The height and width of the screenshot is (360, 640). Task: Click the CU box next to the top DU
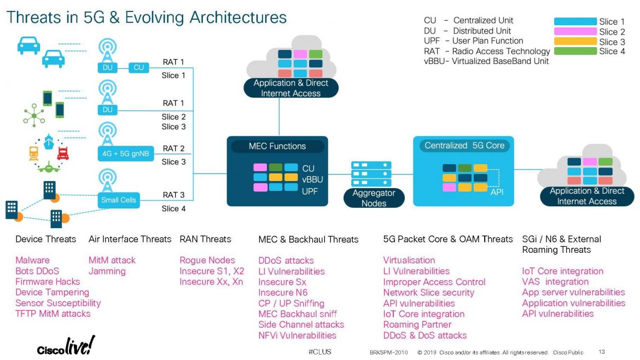click(x=138, y=67)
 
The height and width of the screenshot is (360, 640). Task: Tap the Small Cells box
click(x=118, y=200)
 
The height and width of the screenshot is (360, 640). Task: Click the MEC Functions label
click(x=277, y=146)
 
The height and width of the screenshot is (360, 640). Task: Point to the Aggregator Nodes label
click(x=374, y=198)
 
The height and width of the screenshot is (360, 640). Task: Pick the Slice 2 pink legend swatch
click(x=575, y=32)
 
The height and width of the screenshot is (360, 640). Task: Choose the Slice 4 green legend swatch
click(x=575, y=51)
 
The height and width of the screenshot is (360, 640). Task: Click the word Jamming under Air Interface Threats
click(x=107, y=271)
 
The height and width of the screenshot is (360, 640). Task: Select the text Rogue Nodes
click(x=207, y=260)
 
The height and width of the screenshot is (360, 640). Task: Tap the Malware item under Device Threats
click(x=32, y=260)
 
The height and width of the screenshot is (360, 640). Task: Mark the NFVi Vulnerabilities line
click(x=297, y=335)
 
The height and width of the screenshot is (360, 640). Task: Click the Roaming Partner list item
click(x=416, y=324)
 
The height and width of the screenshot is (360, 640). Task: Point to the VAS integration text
click(x=555, y=282)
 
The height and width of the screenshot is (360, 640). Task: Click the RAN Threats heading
click(x=205, y=239)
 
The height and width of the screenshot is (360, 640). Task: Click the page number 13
click(x=602, y=351)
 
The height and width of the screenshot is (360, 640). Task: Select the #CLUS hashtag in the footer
click(x=319, y=351)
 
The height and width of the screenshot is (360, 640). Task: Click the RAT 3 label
click(x=173, y=195)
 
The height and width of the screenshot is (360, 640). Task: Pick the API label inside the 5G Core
click(x=497, y=191)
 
